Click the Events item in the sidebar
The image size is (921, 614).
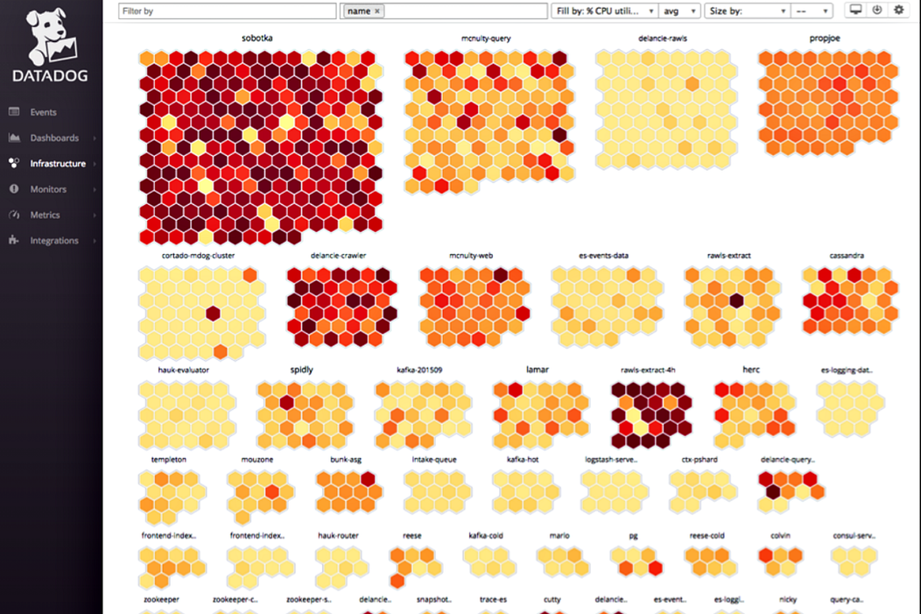pos(43,112)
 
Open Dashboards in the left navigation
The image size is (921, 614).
pos(53,138)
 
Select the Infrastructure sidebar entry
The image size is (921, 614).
pos(57,164)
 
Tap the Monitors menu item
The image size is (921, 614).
pos(48,189)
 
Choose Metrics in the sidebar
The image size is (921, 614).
pos(45,215)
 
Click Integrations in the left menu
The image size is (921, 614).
pos(53,240)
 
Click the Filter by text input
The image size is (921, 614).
pos(227,11)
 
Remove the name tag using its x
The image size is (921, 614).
pos(377,11)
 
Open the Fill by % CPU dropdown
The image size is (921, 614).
pos(605,11)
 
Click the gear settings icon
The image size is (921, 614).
pos(898,11)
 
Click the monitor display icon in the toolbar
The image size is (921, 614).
pos(855,11)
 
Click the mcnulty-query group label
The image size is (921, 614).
pos(486,39)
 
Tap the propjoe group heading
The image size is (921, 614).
pos(826,39)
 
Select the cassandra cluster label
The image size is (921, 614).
pos(847,256)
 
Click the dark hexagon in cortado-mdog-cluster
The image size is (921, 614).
pos(213,314)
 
